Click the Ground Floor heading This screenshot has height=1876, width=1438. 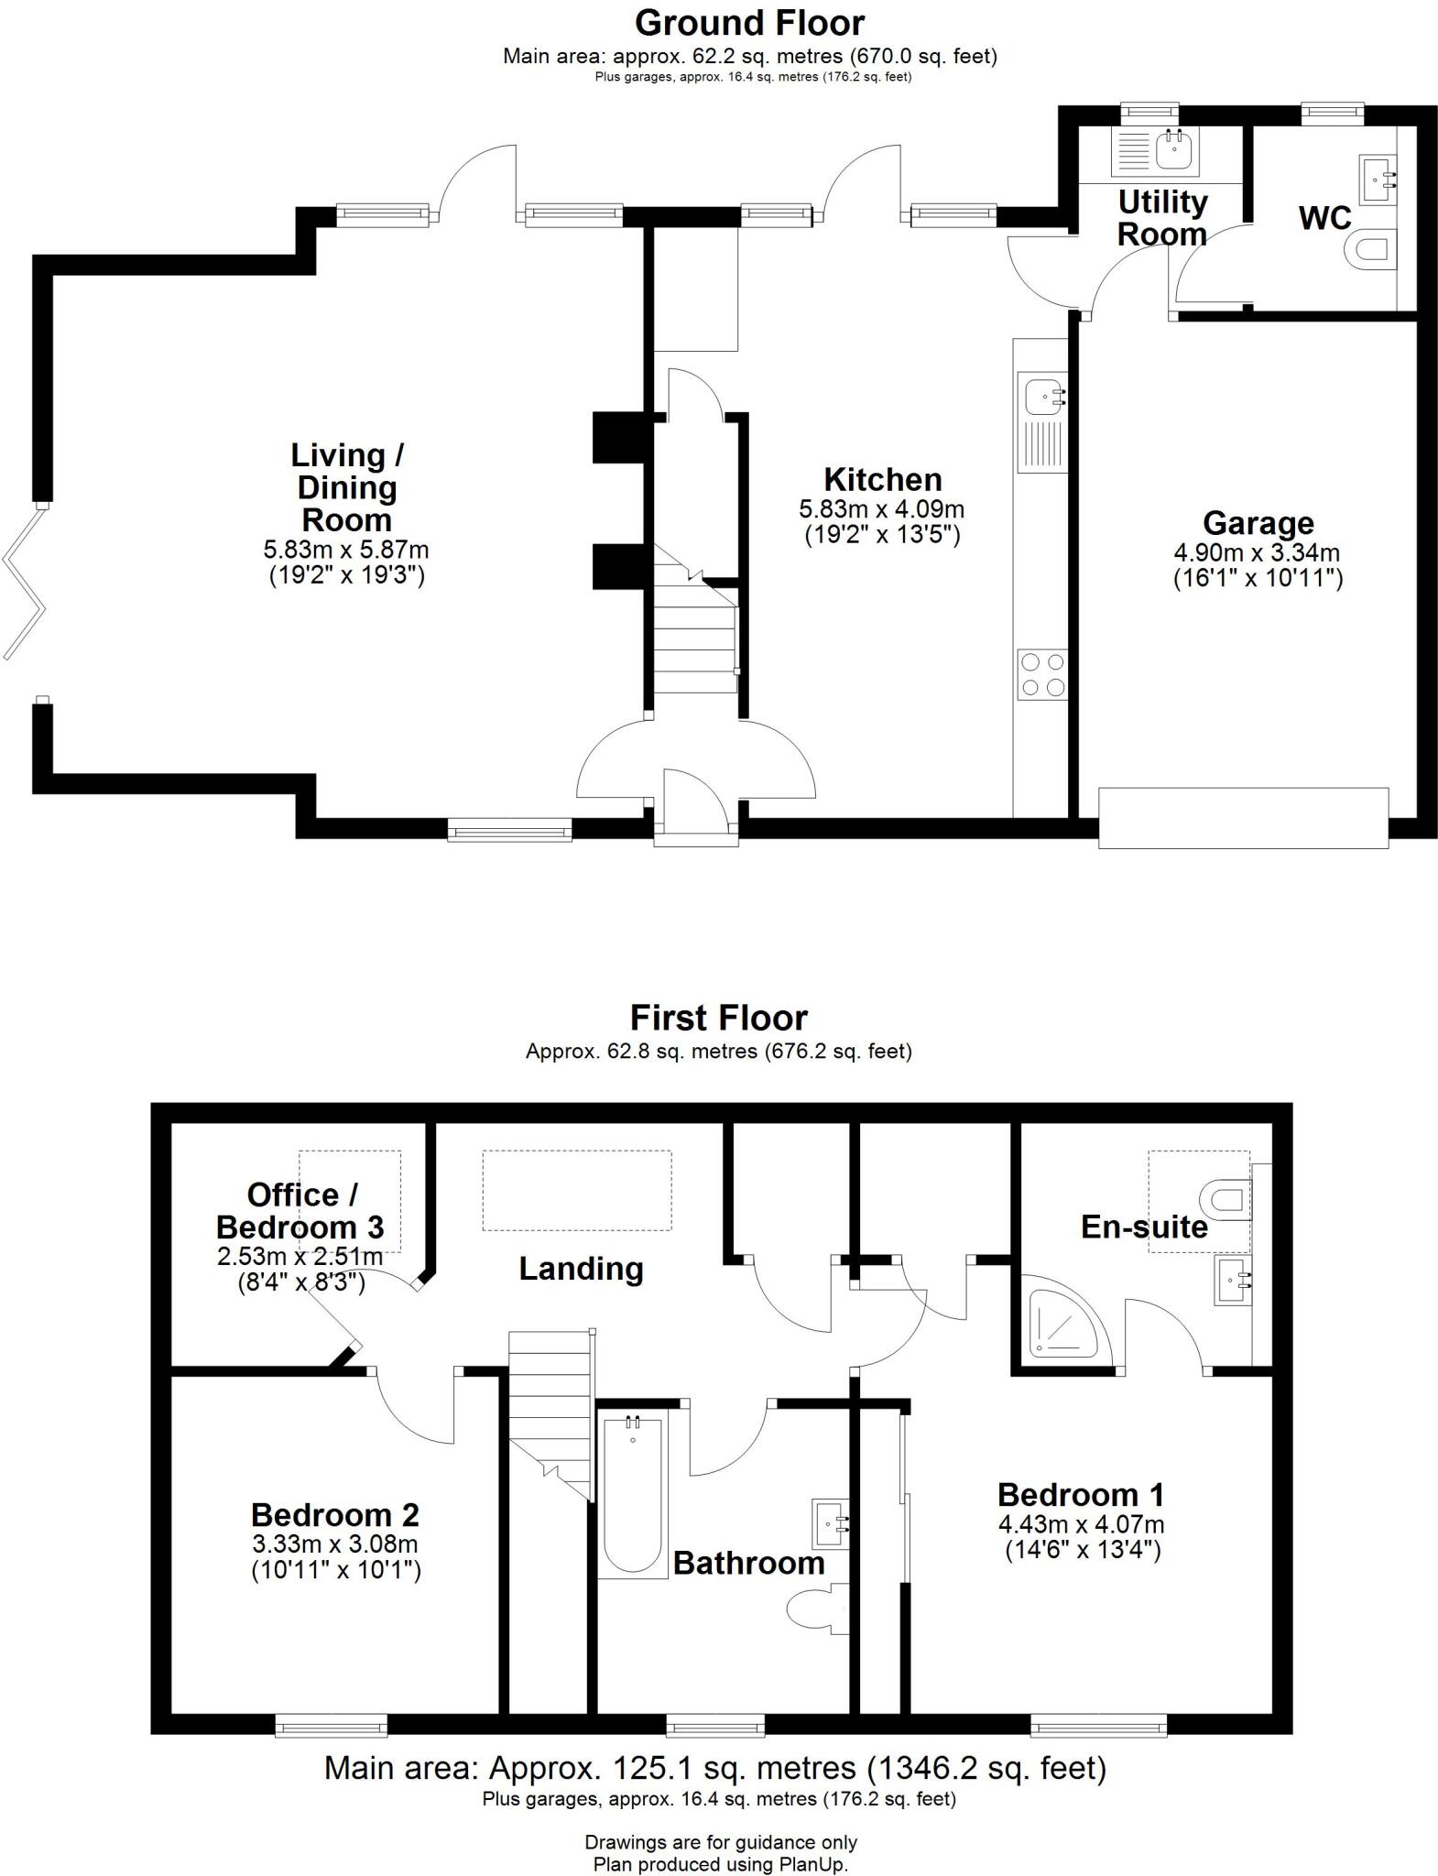[749, 23]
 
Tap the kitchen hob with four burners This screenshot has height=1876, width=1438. [1043, 674]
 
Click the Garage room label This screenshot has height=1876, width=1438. [1258, 523]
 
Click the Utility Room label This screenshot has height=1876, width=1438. [1162, 218]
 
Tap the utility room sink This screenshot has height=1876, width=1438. [1172, 149]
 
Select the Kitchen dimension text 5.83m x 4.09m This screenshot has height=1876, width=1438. [882, 508]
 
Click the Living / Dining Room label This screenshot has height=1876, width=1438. [347, 487]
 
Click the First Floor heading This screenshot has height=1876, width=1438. [718, 1018]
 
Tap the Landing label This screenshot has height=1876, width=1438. [581, 1269]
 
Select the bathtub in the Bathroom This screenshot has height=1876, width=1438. [633, 1494]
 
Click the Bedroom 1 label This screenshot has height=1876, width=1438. [1081, 1495]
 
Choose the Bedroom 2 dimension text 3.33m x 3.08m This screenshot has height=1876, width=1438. [335, 1544]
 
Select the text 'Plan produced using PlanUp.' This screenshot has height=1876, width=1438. [720, 1864]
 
